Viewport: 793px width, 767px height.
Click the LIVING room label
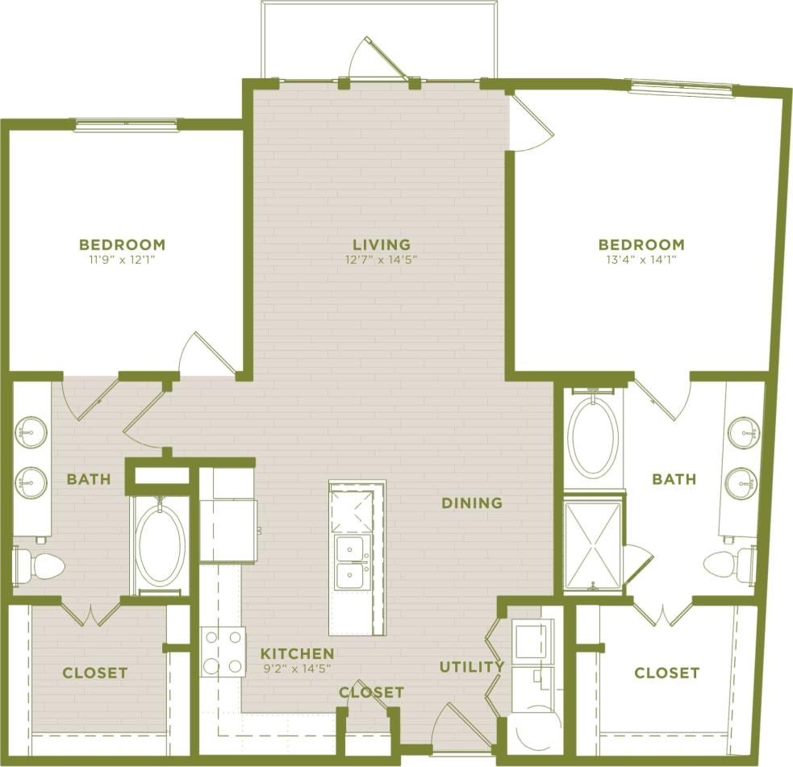tap(382, 244)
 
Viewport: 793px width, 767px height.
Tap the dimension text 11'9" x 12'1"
tap(122, 260)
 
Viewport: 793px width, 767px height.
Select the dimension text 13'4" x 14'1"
tap(641, 260)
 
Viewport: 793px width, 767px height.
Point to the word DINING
tap(472, 503)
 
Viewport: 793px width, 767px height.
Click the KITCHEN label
tap(297, 653)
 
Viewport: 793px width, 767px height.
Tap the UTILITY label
tap(472, 667)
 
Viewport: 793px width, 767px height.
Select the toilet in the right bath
tap(729, 563)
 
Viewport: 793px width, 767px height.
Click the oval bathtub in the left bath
tap(161, 544)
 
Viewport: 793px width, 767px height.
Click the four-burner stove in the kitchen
tap(223, 652)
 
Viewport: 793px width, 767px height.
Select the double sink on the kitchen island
tap(351, 562)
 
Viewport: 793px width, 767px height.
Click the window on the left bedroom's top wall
tap(125, 126)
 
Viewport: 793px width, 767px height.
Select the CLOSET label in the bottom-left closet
tap(95, 673)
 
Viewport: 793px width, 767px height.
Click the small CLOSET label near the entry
tap(371, 692)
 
